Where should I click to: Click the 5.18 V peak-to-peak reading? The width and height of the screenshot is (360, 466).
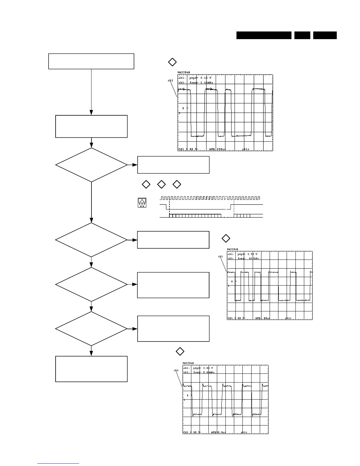205,78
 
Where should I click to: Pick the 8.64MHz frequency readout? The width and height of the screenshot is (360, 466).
208,372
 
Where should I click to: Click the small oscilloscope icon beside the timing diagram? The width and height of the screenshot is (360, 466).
142,203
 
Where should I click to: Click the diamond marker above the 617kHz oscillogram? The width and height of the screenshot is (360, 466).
226,238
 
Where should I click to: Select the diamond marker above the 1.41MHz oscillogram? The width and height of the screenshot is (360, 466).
172,62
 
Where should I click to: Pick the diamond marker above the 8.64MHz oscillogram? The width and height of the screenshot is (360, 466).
180,351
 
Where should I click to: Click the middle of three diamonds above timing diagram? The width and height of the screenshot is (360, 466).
161,184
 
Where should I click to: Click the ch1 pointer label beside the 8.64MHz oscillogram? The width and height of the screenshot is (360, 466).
176,370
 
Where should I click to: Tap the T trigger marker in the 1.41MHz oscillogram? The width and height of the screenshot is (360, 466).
183,109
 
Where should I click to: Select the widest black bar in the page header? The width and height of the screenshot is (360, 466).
264,35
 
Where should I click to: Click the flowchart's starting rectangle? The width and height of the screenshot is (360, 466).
91,61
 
